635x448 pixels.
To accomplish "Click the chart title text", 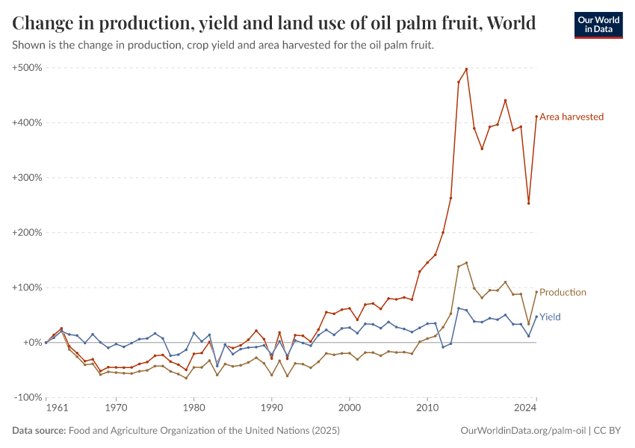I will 274,23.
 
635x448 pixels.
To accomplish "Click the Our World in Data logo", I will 598,25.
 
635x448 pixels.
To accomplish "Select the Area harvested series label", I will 571,116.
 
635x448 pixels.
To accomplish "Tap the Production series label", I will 563,292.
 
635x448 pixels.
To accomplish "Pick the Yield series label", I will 550,317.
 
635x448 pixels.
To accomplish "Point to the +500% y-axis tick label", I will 28,68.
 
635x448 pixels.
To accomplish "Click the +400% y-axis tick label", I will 28,122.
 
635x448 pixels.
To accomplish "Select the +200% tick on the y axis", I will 28,232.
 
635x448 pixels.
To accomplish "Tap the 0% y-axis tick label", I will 33,343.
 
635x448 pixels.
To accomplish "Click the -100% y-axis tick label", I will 28,397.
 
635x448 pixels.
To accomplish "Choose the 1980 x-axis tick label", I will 193,408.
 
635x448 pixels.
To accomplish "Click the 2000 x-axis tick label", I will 350,408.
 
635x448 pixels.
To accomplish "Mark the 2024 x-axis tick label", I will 526,408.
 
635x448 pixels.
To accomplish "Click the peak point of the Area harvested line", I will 466,69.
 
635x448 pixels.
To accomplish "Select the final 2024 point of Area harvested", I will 536,116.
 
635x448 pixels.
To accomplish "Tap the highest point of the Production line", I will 466,263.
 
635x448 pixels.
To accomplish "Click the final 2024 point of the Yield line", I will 536,317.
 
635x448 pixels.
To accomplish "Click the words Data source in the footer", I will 38,431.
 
